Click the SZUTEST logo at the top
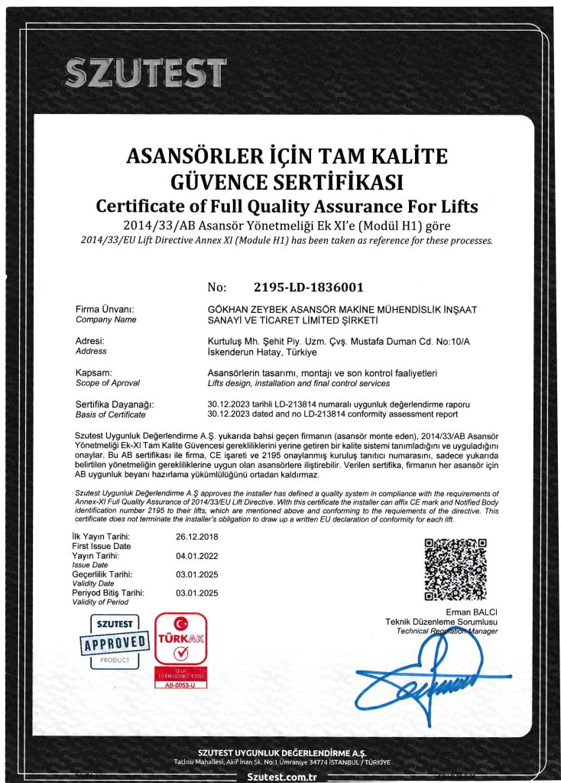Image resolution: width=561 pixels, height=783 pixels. click(145, 73)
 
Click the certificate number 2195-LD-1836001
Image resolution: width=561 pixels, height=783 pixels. click(307, 288)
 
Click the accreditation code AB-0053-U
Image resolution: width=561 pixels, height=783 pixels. click(180, 685)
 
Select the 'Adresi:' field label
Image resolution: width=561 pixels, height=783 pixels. click(91, 341)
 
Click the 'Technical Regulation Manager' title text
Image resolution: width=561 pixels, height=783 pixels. click(448, 631)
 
